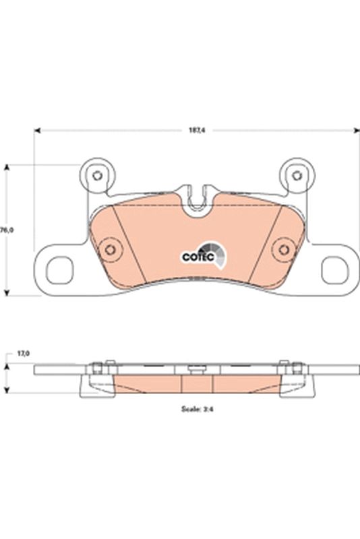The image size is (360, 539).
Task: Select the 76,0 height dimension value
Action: (7, 230)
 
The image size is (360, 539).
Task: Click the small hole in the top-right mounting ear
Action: (295, 176)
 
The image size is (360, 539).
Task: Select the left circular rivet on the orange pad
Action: (107, 251)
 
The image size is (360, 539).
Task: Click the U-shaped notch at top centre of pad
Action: (196, 199)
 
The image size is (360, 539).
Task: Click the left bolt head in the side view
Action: (96, 367)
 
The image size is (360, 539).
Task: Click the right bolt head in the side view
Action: (295, 367)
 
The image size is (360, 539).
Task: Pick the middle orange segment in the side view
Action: (198, 383)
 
